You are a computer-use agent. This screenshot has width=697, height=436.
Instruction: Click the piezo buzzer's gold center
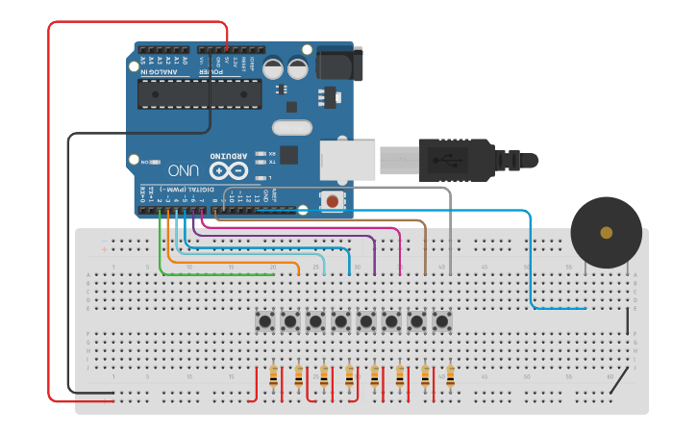pos(606,232)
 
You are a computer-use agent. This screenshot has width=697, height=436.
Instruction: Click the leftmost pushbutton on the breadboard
pos(264,321)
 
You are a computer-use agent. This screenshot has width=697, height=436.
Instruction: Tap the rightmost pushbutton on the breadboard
pos(442,321)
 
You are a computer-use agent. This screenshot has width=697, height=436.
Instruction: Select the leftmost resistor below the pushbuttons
pos(274,376)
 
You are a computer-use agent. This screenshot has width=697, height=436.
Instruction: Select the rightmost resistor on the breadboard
pos(449,376)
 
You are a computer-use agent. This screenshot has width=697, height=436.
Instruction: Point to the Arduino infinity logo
pos(230,171)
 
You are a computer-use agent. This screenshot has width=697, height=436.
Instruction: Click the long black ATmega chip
pos(199,94)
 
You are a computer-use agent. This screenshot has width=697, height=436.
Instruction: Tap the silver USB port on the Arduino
pos(346,159)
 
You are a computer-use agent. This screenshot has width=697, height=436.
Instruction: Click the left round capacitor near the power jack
pos(274,68)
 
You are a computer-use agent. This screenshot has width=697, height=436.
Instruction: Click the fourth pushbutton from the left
pos(340,321)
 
